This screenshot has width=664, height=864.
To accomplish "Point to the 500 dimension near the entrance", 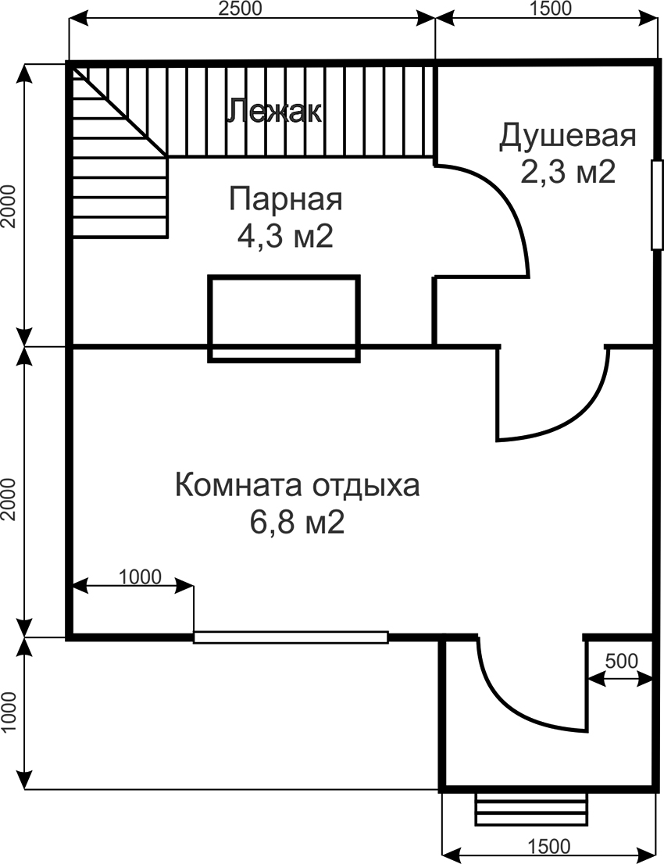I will click(x=622, y=660).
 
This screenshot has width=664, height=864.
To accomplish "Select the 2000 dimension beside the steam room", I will click(x=9, y=205).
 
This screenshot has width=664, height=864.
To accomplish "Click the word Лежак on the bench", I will click(x=273, y=112).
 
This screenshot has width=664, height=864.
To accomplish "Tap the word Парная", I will click(x=285, y=199).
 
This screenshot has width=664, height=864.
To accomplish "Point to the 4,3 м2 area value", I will click(x=285, y=236).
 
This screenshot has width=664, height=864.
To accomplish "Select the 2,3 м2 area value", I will click(x=568, y=172).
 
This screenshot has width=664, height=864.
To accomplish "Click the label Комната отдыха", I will click(x=297, y=484).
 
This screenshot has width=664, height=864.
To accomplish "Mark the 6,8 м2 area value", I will click(x=297, y=522).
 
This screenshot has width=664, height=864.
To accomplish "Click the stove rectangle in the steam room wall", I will click(x=284, y=318).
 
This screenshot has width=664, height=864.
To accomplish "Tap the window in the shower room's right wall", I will click(x=656, y=205).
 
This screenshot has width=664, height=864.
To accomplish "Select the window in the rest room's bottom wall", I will click(x=291, y=637).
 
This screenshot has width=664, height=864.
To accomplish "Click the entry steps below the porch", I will click(x=531, y=809).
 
